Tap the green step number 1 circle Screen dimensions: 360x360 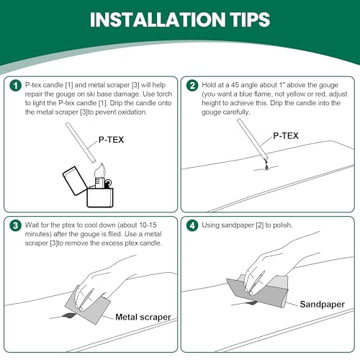pyautogui.click(x=16, y=86)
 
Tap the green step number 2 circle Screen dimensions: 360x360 pyautogui.click(x=192, y=86)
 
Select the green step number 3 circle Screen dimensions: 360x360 pyautogui.click(x=16, y=226)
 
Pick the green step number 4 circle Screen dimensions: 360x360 pyautogui.click(x=192, y=226)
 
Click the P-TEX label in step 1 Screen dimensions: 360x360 pyautogui.click(x=111, y=140)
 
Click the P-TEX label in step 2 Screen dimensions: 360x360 pyautogui.click(x=286, y=136)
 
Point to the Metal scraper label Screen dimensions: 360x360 pyautogui.click(x=143, y=317)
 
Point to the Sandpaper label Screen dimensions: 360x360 pyautogui.click(x=322, y=305)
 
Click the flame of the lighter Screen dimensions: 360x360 pyautogui.click(x=100, y=171)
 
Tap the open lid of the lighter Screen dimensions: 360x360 pyautogui.click(x=74, y=181)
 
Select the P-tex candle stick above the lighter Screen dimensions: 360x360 pyautogui.click(x=81, y=143)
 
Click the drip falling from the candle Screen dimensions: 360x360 pyautogui.click(x=266, y=166)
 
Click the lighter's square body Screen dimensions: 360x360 pyautogui.click(x=100, y=197)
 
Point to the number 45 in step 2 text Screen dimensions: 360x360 pyautogui.click(x=235, y=85)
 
